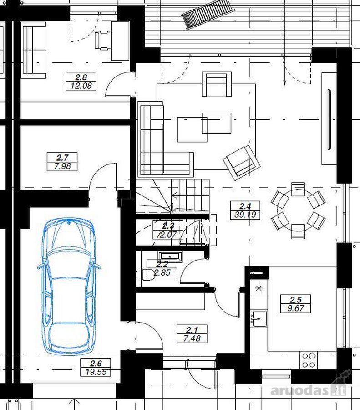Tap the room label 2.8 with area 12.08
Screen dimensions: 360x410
[x=81, y=82]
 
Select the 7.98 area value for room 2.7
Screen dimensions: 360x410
[x=62, y=166]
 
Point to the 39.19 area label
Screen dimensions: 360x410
[x=245, y=215]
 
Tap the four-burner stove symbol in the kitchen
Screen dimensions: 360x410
[x=309, y=360]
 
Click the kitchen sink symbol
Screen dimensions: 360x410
[x=259, y=318]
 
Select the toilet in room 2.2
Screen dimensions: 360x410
[x=148, y=275]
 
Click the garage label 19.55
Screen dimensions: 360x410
[x=96, y=372]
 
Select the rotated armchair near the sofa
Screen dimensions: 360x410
[x=242, y=163]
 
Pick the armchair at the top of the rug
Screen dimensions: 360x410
[x=217, y=84]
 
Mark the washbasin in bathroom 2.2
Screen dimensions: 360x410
[x=170, y=256]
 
